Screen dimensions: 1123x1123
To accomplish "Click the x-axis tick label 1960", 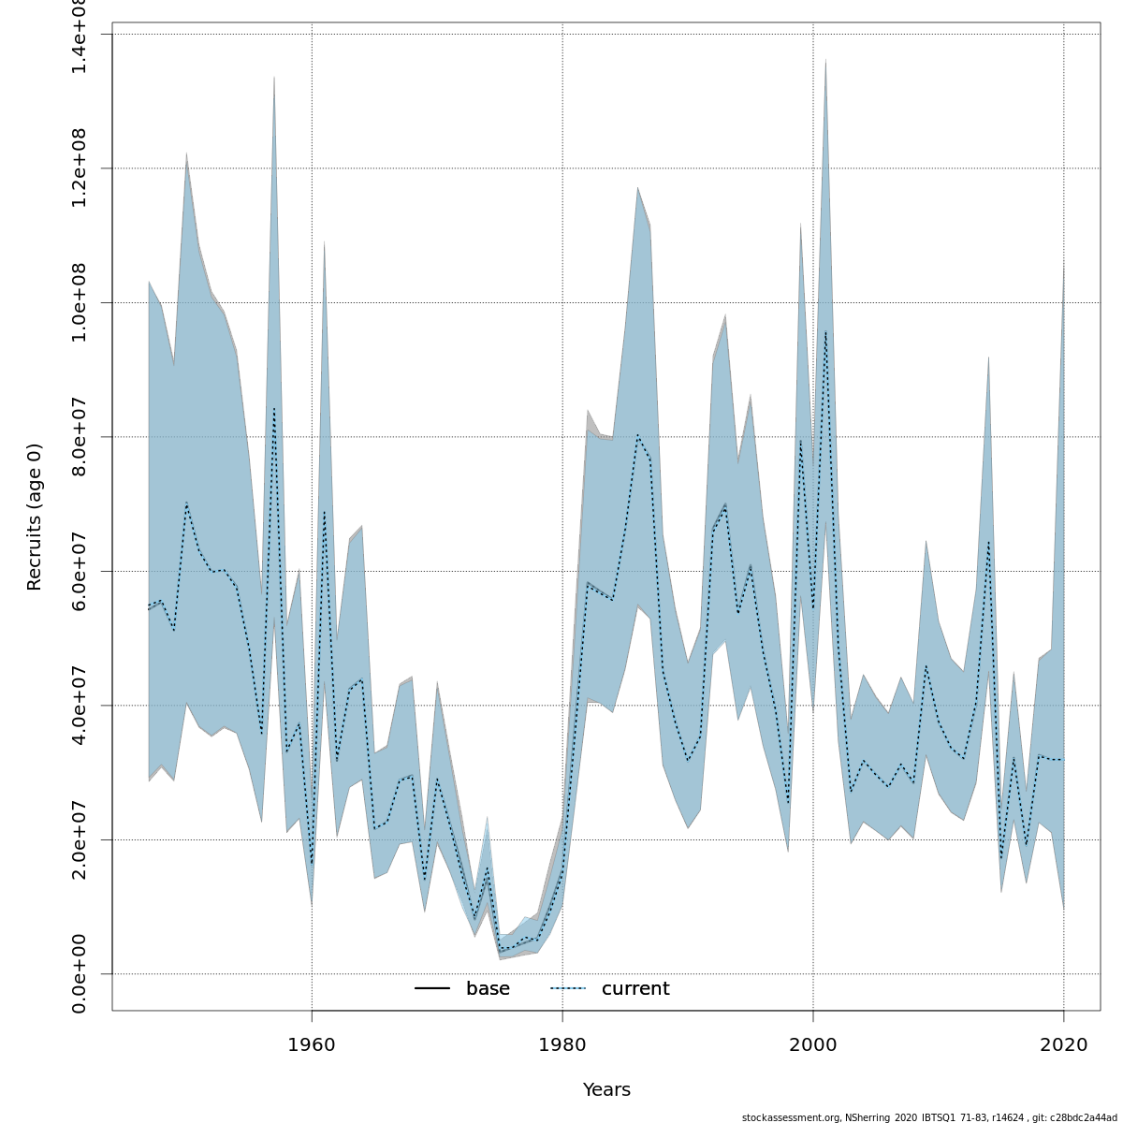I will pyautogui.click(x=312, y=1043).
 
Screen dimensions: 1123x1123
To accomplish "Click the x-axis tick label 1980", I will pyautogui.click(x=562, y=1043).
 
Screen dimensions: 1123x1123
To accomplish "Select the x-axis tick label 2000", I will pyautogui.click(x=813, y=1043).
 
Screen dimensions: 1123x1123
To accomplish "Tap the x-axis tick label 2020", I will pyautogui.click(x=1064, y=1043).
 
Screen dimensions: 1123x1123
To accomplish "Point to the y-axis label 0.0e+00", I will pyautogui.click(x=80, y=973).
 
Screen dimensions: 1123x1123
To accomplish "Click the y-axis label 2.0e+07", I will pyautogui.click(x=80, y=839).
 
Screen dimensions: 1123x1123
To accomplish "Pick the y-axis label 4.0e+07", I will pyautogui.click(x=80, y=705).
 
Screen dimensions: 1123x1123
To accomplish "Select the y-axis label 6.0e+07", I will pyautogui.click(x=80, y=571).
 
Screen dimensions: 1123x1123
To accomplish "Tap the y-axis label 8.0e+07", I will pyautogui.click(x=80, y=437).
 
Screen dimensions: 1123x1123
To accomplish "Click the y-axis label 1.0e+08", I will pyautogui.click(x=80, y=302).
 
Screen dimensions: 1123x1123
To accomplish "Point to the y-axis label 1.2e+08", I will pyautogui.click(x=80, y=168).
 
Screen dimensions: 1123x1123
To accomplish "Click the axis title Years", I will pyautogui.click(x=606, y=1090).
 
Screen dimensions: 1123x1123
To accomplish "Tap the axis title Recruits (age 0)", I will pyautogui.click(x=35, y=517).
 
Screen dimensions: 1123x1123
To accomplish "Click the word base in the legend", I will pyautogui.click(x=488, y=989).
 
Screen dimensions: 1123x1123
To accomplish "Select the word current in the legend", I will pyautogui.click(x=635, y=989).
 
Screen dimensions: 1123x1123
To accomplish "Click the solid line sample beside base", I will pyautogui.click(x=432, y=989).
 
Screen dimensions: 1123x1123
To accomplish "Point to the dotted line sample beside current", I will pyautogui.click(x=568, y=989).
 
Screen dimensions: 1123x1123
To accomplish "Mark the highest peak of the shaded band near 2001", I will pyautogui.click(x=825, y=60).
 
